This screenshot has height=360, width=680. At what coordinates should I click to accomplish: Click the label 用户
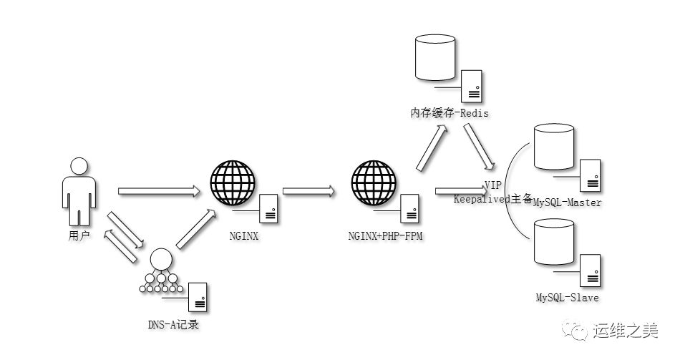(77, 235)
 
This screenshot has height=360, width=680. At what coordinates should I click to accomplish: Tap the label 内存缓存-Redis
(449, 113)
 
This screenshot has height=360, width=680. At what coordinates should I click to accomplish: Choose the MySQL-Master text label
(568, 203)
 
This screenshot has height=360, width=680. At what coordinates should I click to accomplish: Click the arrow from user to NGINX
(157, 190)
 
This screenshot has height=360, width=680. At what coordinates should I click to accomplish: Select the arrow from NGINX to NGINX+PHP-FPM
(309, 190)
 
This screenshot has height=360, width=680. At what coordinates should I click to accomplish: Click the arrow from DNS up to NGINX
(195, 229)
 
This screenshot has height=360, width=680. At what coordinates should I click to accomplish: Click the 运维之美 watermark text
(624, 331)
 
